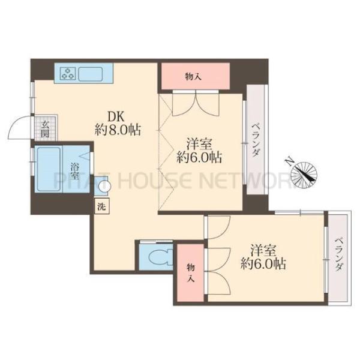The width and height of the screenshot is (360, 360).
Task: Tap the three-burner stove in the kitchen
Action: tap(68, 73)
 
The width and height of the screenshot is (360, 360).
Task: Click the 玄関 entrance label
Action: tap(45, 128)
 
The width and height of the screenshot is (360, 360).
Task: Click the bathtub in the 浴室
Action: tap(49, 169)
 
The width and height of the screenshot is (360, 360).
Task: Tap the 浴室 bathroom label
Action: tap(74, 170)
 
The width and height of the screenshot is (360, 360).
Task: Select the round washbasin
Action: tap(104, 185)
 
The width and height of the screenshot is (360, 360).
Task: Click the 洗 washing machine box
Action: tap(102, 206)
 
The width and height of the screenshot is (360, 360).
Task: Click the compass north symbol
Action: tap(304, 172)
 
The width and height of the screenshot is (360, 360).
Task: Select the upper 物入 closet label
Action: tap(193, 77)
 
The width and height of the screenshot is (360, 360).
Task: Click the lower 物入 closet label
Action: tap(191, 273)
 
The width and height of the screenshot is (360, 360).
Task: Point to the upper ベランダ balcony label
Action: tap(255, 140)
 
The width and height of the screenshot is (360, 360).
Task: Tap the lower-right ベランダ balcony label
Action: tap(339, 254)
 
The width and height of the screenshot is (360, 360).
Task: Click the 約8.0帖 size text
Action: tap(118, 130)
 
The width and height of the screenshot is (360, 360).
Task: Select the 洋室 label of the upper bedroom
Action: tap(199, 145)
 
